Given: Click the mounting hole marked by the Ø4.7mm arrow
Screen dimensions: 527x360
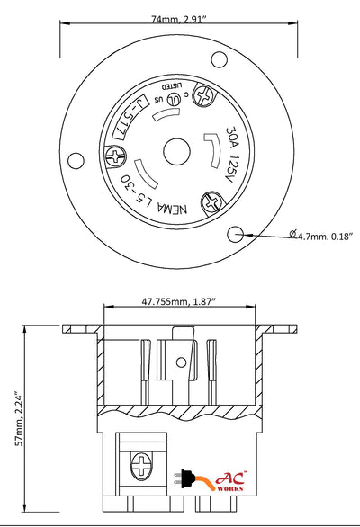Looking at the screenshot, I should point(235,234).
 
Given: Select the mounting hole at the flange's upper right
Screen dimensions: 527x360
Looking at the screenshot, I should point(217,60).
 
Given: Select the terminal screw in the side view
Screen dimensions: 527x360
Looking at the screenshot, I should point(140,468).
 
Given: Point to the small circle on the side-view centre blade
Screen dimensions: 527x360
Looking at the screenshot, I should point(180,363).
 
